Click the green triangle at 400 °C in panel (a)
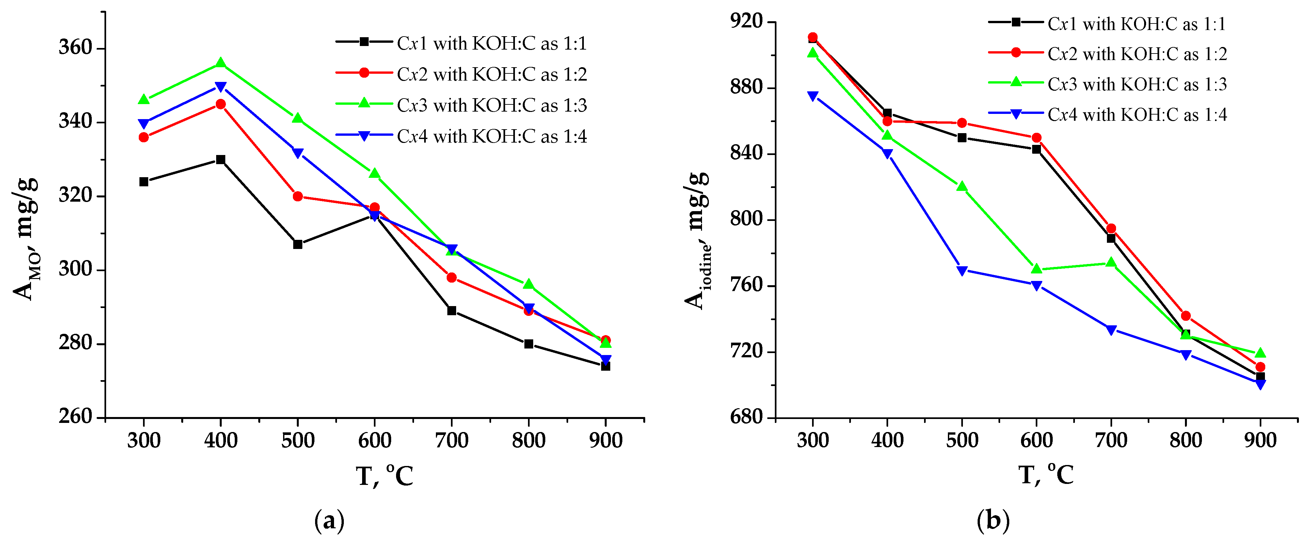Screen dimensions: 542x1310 tap(221, 63)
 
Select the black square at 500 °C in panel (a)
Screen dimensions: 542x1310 tap(298, 244)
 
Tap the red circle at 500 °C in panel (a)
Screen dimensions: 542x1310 tap(298, 196)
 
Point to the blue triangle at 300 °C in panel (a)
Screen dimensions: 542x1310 tap(144, 124)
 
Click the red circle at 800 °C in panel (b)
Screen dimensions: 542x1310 tap(1186, 316)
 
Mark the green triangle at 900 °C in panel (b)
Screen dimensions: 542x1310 tap(1260, 353)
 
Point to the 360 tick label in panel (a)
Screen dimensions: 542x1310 tap(75, 47)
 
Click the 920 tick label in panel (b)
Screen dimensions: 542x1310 tap(746, 21)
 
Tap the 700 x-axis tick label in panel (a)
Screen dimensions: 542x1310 tap(452, 440)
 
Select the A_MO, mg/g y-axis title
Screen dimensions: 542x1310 tap(25, 239)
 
